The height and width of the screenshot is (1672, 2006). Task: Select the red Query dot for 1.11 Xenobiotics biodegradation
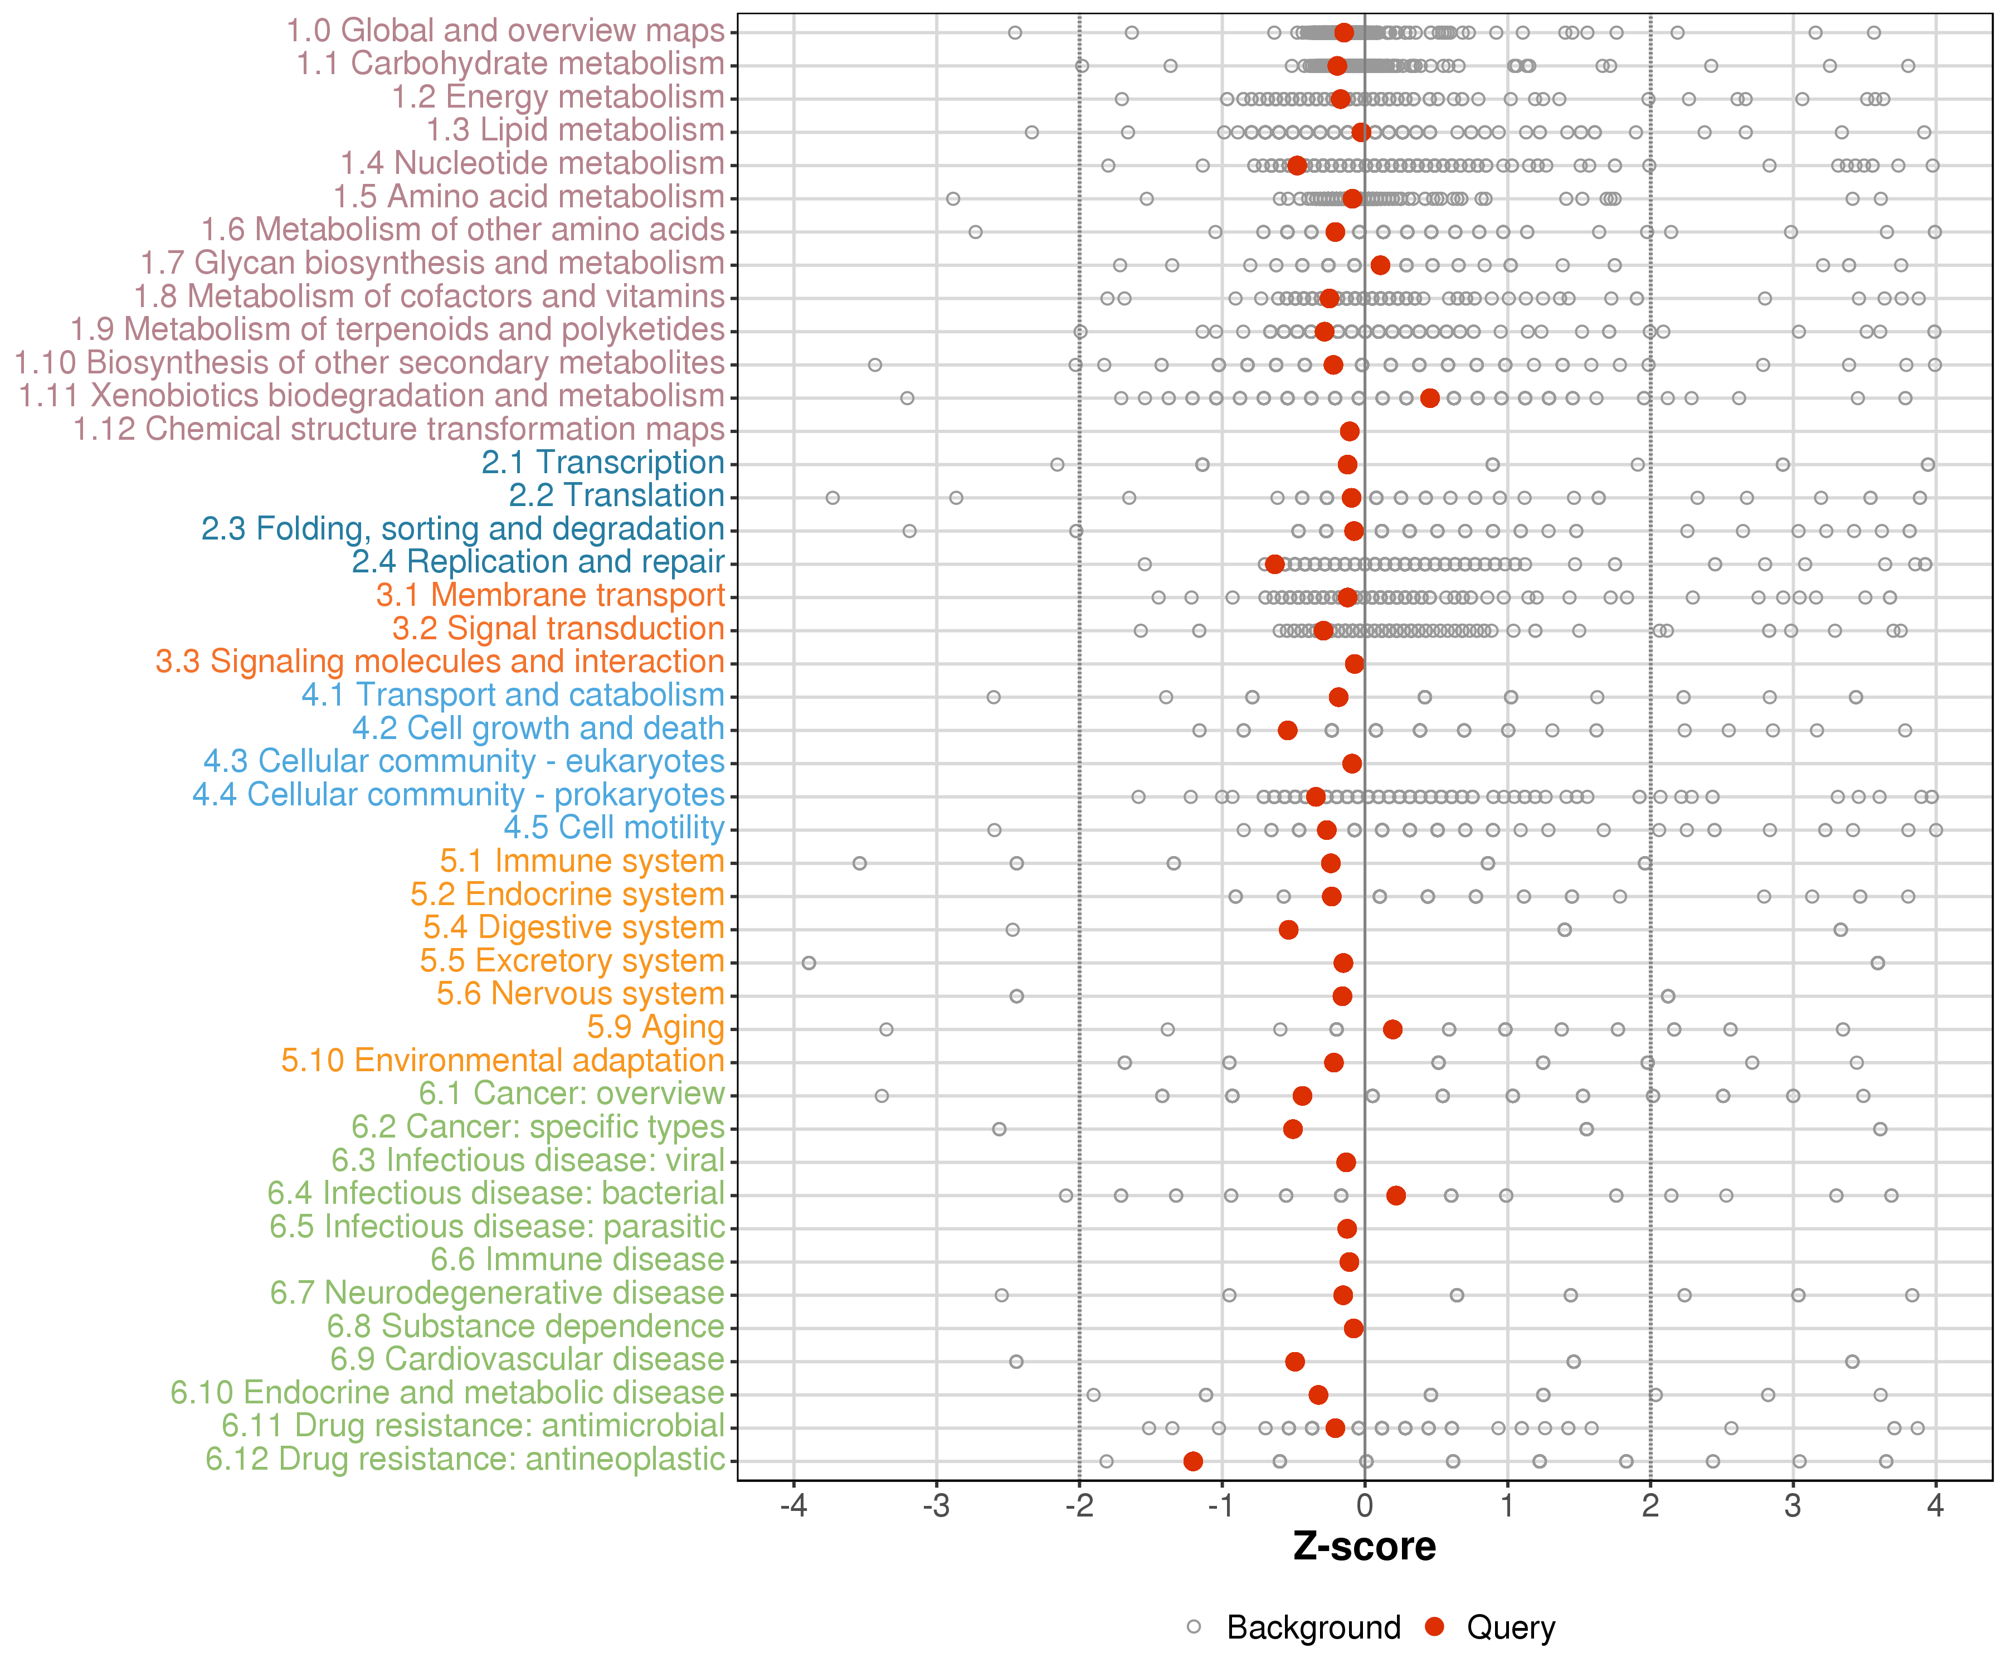tap(1430, 398)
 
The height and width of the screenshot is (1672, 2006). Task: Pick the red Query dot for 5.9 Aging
tap(1392, 1029)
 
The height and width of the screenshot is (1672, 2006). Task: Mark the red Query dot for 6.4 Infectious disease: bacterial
tap(1396, 1195)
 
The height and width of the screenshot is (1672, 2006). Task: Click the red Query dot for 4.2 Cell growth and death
tap(1288, 730)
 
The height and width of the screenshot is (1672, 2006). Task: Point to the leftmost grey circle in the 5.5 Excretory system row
tap(809, 962)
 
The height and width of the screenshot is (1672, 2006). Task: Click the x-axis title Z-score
tap(1364, 1547)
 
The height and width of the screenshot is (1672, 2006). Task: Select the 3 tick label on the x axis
tap(1793, 1506)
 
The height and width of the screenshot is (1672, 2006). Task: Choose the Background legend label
tap(1313, 1627)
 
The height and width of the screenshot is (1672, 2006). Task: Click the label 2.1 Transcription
tap(603, 463)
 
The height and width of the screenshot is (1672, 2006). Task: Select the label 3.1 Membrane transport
tap(550, 595)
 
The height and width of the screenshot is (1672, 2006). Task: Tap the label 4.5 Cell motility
tap(614, 828)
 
